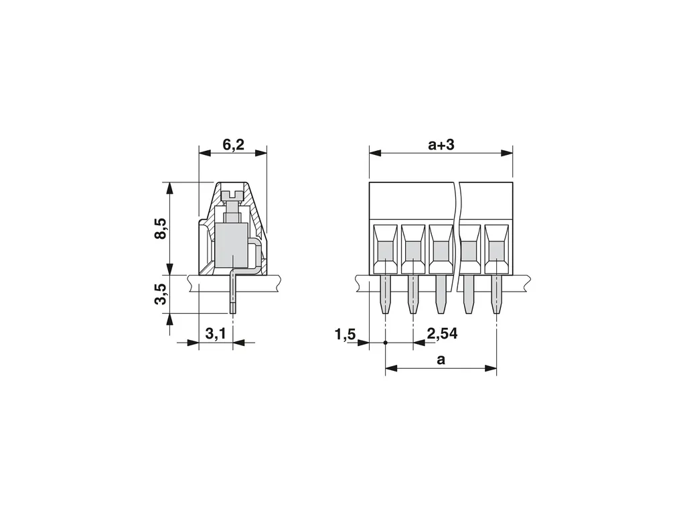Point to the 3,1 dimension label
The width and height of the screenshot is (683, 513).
216,334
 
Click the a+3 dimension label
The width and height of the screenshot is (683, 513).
441,144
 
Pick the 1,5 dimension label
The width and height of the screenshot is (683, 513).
346,335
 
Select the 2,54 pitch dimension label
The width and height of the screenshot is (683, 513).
442,334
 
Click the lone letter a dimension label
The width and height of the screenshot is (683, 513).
441,360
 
